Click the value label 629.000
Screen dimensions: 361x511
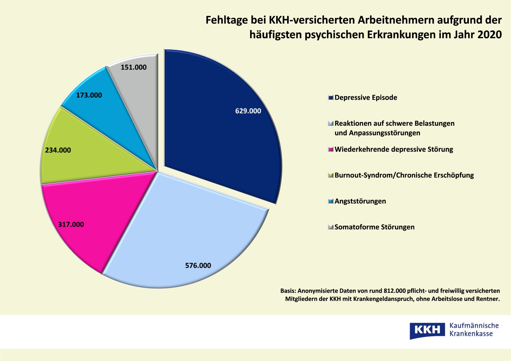(x=248, y=111)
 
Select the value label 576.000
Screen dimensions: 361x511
(x=198, y=265)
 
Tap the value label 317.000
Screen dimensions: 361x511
(x=71, y=225)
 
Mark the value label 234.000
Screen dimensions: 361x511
(x=58, y=150)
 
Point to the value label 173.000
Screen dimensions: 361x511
(x=89, y=95)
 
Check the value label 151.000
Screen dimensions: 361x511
(x=134, y=67)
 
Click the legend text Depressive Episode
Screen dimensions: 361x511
(x=366, y=98)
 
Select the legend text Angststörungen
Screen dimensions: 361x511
(x=360, y=201)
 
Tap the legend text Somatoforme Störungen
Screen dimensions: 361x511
(x=374, y=227)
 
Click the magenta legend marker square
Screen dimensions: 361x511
(x=331, y=150)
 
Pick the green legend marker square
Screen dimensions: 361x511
(x=331, y=175)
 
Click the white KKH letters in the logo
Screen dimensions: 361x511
(x=427, y=330)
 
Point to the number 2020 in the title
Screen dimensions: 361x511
(x=490, y=35)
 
